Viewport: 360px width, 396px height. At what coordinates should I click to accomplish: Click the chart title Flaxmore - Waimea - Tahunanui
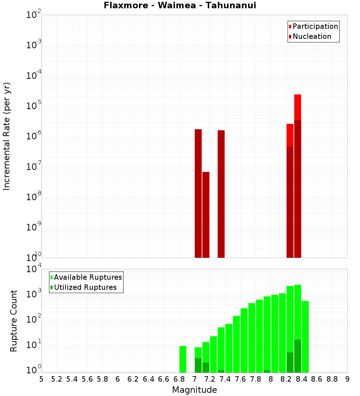tap(180, 6)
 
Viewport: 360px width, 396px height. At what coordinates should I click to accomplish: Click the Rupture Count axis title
tap(14, 321)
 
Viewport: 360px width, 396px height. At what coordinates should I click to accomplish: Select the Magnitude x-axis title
tap(194, 390)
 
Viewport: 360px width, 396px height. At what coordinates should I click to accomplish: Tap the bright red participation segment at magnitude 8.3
tap(298, 107)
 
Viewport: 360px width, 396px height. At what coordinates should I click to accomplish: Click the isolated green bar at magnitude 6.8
tap(183, 359)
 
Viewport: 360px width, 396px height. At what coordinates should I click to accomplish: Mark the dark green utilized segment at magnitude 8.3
tap(298, 356)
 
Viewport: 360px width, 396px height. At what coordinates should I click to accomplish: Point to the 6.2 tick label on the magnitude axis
tap(133, 379)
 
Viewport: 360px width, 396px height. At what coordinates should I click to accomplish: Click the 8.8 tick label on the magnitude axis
tap(332, 379)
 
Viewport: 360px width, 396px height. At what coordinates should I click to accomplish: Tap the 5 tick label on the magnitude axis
tap(41, 379)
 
